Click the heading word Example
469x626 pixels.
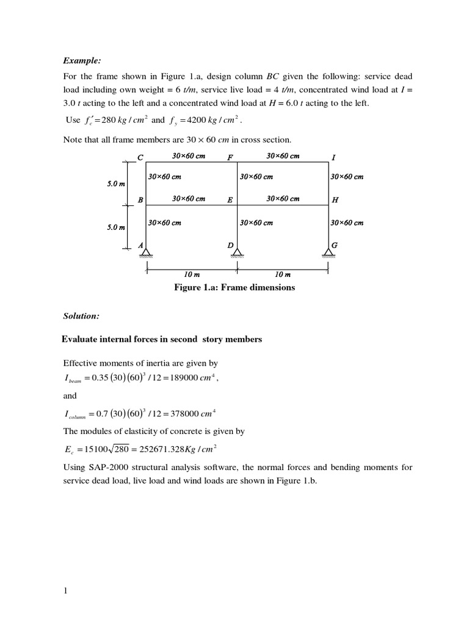pyautogui.click(x=81, y=61)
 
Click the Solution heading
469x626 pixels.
pyautogui.click(x=82, y=315)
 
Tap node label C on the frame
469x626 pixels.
pyautogui.click(x=140, y=158)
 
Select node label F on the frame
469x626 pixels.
pyautogui.click(x=230, y=158)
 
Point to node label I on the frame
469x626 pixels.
pyautogui.click(x=333, y=158)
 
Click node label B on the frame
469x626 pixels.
pyautogui.click(x=140, y=200)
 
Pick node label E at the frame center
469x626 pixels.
pyautogui.click(x=230, y=200)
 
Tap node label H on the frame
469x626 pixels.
pyautogui.click(x=335, y=200)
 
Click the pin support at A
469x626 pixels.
pyautogui.click(x=147, y=251)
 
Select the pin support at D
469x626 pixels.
pyautogui.click(x=237, y=251)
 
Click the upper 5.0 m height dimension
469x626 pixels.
pyautogui.click(x=117, y=183)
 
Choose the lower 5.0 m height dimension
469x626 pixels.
pyautogui.click(x=117, y=227)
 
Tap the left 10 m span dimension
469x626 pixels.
pyautogui.click(x=192, y=275)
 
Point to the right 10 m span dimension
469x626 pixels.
pyautogui.click(x=282, y=275)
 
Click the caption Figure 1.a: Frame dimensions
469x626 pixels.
pyautogui.click(x=234, y=287)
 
